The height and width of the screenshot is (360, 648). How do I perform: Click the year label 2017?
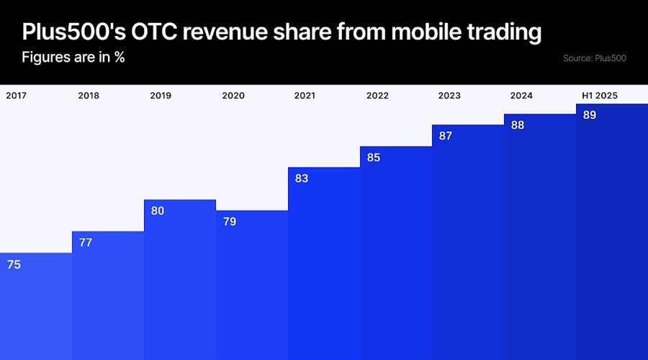click(17, 95)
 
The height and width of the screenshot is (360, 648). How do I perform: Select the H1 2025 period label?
click(600, 95)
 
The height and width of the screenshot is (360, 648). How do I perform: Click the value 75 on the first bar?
click(14, 264)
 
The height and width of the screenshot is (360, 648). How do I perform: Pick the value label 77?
click(86, 243)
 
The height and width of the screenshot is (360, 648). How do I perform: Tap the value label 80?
click(158, 211)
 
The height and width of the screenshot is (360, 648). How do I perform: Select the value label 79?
click(230, 222)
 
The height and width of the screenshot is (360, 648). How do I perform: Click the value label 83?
click(302, 179)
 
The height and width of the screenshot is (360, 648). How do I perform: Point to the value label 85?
click(374, 157)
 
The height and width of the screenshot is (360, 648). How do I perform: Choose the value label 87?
click(446, 135)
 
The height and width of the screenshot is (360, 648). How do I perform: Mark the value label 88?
click(518, 125)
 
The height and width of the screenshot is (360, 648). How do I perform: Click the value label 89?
click(590, 114)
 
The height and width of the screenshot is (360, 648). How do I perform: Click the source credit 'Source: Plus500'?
click(595, 58)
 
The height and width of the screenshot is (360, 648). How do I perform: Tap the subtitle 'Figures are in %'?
click(73, 57)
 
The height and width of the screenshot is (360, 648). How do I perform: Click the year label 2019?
click(161, 95)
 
